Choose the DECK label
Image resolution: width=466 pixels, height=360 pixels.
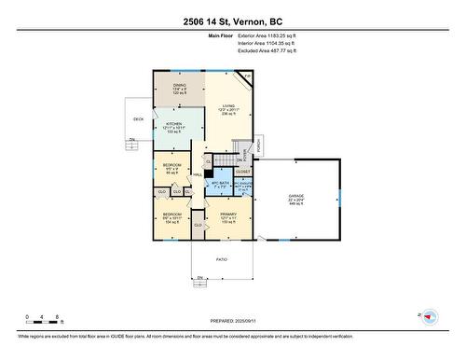138,119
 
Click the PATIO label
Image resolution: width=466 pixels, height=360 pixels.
222,258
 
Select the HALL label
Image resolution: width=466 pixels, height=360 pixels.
198,175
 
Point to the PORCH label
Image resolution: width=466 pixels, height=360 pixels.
272,144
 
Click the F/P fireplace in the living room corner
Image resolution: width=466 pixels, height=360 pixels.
247,76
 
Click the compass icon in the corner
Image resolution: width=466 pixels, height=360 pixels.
429,317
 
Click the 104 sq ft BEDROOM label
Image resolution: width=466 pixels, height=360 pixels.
171,219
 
